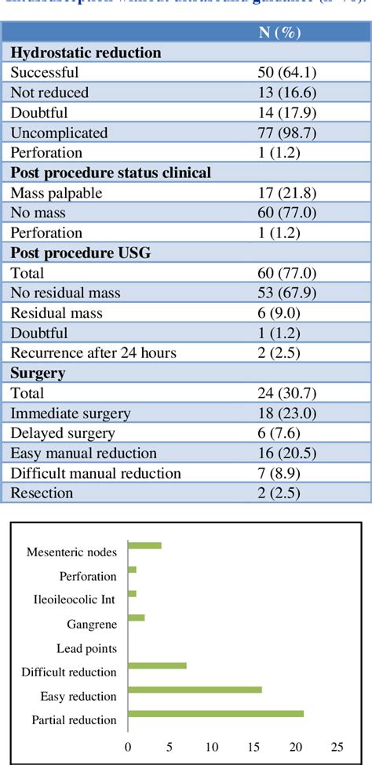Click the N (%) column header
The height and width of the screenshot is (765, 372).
pyautogui.click(x=279, y=32)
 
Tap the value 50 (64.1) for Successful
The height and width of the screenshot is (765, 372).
pyautogui.click(x=286, y=73)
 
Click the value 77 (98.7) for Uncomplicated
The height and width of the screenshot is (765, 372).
pyautogui.click(x=286, y=133)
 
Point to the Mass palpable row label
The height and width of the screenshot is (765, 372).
pyautogui.click(x=58, y=192)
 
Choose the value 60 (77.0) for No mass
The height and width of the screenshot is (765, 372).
pyautogui.click(x=286, y=213)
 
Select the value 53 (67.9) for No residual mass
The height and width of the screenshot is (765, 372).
pyautogui.click(x=286, y=293)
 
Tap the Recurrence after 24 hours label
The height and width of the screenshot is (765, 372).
pyautogui.click(x=93, y=352)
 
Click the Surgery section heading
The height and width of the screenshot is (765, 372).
pyautogui.click(x=38, y=373)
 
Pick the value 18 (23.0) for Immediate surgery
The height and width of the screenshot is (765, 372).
pyautogui.click(x=286, y=413)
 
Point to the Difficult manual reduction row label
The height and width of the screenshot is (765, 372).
pyautogui.click(x=96, y=473)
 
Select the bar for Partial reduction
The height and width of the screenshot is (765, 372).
pyautogui.click(x=215, y=713)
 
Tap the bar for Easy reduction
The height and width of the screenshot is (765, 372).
pyautogui.click(x=194, y=690)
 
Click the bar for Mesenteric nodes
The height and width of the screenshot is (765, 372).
pyautogui.click(x=144, y=545)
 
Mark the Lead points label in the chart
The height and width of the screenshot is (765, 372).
pyautogui.click(x=86, y=649)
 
